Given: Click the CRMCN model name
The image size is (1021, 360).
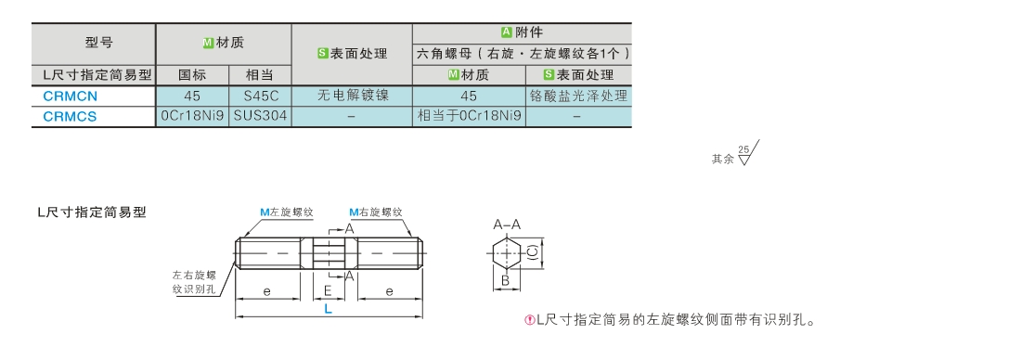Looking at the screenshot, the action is pyautogui.click(x=71, y=96).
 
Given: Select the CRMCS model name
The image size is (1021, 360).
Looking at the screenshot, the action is pyautogui.click(x=70, y=117).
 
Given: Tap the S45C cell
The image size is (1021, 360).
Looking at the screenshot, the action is pyautogui.click(x=261, y=96).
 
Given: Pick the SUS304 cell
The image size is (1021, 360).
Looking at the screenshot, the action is pyautogui.click(x=261, y=117).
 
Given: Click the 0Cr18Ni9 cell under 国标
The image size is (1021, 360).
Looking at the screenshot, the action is pyautogui.click(x=193, y=117).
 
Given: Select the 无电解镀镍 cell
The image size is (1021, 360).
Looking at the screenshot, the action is pyautogui.click(x=353, y=96).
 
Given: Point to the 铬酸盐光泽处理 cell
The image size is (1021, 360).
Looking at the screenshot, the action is pyautogui.click(x=579, y=96).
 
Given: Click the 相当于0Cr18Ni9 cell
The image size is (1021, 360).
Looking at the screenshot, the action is pyautogui.click(x=469, y=117).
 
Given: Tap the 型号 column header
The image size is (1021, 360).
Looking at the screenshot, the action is pyautogui.click(x=99, y=43).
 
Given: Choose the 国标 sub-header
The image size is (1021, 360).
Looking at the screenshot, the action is pyautogui.click(x=192, y=75).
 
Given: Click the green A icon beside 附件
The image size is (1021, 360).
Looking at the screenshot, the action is pyautogui.click(x=507, y=32).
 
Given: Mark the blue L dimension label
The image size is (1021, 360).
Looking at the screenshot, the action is pyautogui.click(x=329, y=309).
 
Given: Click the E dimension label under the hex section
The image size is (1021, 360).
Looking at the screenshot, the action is pyautogui.click(x=329, y=291).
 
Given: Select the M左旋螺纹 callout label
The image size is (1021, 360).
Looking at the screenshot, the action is pyautogui.click(x=287, y=212).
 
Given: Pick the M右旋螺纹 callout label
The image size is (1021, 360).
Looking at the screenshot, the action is pyautogui.click(x=376, y=212).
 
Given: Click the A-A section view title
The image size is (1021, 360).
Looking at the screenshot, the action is pyautogui.click(x=507, y=225).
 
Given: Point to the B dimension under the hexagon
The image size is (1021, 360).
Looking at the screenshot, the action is pyautogui.click(x=505, y=282).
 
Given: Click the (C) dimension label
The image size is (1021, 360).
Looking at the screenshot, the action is pyautogui.click(x=532, y=253).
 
